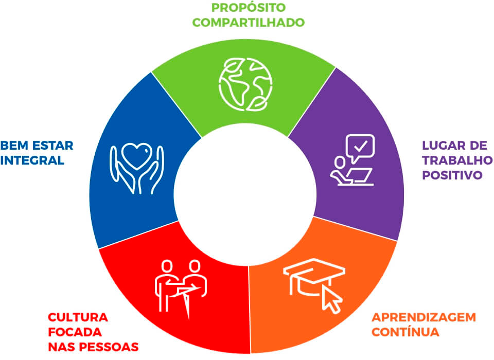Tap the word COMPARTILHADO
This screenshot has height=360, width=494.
tap(248, 22)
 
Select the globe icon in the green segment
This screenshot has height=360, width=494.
tap(246, 84)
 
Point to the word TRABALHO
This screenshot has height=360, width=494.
tap(457, 160)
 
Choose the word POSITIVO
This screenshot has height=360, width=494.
tap(452, 175)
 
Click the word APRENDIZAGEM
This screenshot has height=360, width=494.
tap(424, 317)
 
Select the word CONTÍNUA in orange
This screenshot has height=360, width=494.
tap(406, 332)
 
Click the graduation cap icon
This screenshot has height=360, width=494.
tap(314, 277)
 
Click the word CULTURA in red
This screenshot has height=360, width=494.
tap(78, 317)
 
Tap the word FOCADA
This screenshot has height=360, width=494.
tap(75, 332)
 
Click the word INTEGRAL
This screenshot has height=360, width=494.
tap(32, 160)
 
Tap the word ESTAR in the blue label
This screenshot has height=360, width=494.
tap(53, 146)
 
